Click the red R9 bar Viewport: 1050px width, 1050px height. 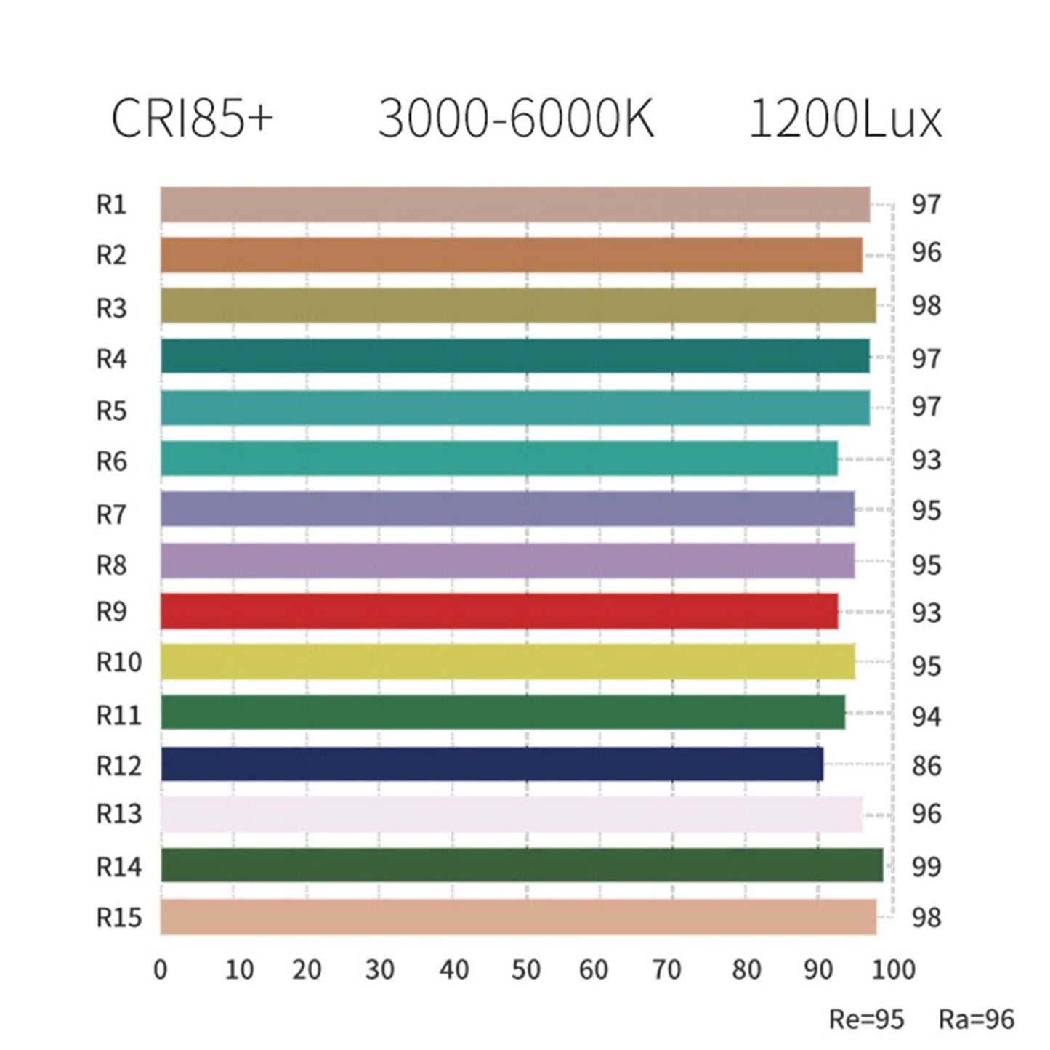(498, 611)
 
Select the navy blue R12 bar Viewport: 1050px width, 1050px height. (491, 764)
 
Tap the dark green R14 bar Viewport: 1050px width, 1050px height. (521, 865)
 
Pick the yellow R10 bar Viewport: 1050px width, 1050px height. (507, 661)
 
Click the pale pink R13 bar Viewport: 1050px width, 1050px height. (511, 814)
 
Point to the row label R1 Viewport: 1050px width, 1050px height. (111, 205)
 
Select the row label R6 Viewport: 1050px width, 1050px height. (111, 461)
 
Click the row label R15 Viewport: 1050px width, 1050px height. (119, 918)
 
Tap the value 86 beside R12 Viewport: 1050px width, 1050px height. (926, 765)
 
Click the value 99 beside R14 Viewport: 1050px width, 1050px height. (926, 866)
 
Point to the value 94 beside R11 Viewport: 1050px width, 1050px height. (926, 717)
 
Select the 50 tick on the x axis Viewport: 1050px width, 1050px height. (525, 969)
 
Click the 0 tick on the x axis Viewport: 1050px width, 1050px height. (161, 969)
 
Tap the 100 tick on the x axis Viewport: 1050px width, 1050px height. (893, 969)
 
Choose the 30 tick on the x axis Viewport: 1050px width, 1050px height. (379, 969)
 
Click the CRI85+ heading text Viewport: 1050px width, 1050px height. (192, 118)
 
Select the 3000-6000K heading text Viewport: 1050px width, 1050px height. (516, 118)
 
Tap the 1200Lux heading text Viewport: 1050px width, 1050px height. (845, 118)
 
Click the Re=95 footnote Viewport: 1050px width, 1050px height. (866, 1019)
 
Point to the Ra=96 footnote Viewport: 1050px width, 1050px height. (976, 1019)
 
